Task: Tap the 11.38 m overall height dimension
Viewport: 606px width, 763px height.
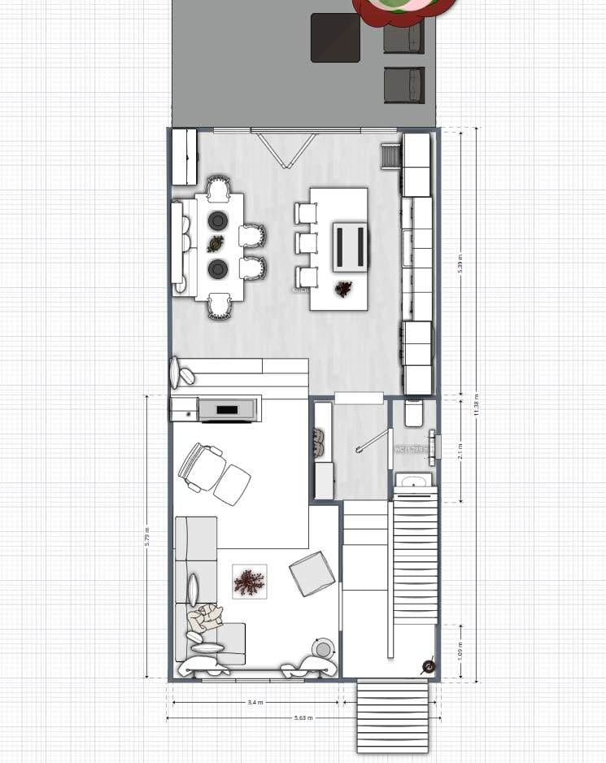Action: (476, 405)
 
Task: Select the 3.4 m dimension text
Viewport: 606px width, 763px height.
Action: (255, 702)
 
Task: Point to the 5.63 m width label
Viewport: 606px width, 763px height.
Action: (303, 718)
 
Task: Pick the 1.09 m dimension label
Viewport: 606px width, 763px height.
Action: (460, 651)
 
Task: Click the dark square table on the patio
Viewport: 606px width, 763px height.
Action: (335, 37)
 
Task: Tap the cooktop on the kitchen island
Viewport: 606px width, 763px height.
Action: (351, 246)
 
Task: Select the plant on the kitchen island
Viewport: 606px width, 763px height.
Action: (343, 288)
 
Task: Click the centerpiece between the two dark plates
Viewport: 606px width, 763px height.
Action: (216, 243)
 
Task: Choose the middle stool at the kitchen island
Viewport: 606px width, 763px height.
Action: (306, 243)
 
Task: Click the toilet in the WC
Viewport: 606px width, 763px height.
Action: (413, 412)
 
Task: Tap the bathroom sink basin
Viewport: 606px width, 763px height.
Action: (414, 482)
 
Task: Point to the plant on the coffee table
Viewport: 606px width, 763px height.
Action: (249, 582)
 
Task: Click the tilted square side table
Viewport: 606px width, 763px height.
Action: (312, 573)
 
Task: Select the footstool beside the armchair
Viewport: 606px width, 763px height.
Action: (233, 484)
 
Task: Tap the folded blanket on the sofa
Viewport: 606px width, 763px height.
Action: (204, 618)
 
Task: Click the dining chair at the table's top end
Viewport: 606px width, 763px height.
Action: (218, 189)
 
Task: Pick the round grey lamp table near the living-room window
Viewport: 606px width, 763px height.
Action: (324, 649)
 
